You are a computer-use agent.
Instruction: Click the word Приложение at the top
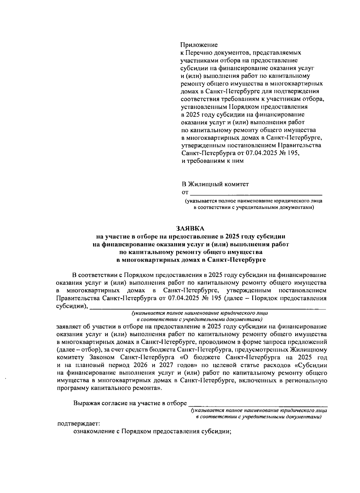click(199, 45)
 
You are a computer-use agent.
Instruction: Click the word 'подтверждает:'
click(79, 424)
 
